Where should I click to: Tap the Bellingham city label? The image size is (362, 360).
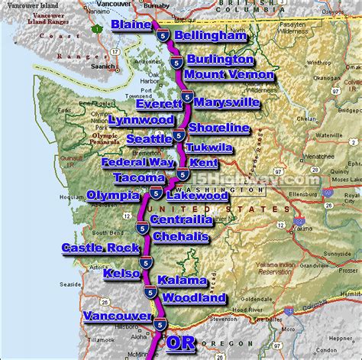211,36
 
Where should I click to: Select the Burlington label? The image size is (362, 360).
220,59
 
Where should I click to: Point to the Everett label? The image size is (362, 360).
160,104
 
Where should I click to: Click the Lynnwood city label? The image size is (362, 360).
141,120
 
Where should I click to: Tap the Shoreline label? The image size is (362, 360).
218,127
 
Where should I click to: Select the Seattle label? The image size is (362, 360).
148,139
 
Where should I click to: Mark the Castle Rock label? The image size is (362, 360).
101,248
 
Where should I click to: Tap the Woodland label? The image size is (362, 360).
194,297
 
